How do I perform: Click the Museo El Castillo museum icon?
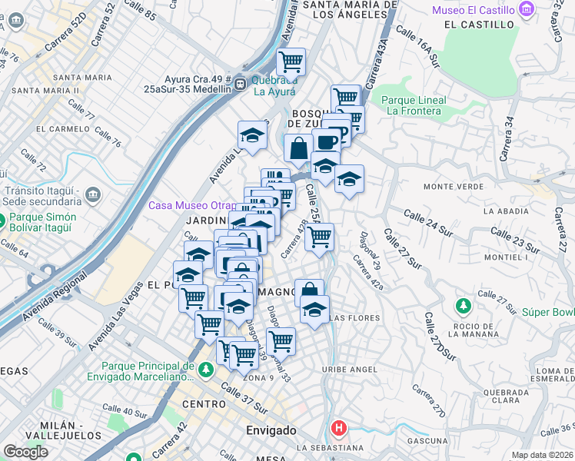[x=527, y=9]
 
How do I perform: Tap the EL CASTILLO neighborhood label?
[x=478, y=25]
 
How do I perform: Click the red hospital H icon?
[x=337, y=427]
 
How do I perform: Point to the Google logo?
[x=25, y=452]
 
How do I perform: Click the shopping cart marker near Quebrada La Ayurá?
[x=291, y=61]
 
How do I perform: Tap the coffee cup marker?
[x=327, y=141]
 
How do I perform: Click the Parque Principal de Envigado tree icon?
[x=205, y=370]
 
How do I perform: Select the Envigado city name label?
[x=271, y=430]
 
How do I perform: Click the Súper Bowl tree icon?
[x=463, y=307]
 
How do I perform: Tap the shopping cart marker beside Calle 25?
[x=319, y=237]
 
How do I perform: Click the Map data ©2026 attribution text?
[x=542, y=455]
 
